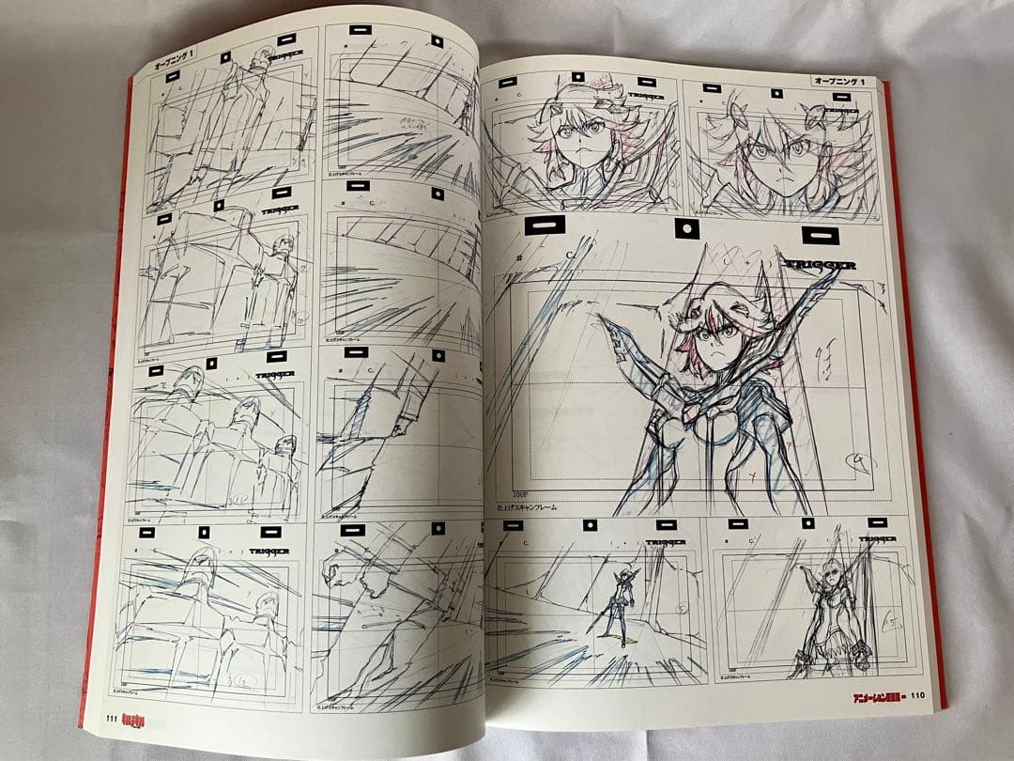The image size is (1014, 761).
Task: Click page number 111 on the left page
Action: pyautogui.click(x=110, y=720)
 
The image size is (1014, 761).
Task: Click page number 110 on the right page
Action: pyautogui.click(x=917, y=696)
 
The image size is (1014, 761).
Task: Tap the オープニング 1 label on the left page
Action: pyautogui.click(x=176, y=68)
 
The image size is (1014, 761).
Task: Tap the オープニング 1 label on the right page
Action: pyautogui.click(x=842, y=82)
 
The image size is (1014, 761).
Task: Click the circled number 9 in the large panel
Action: pyautogui.click(x=858, y=461)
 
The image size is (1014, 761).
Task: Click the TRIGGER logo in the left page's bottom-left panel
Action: pyautogui.click(x=268, y=551)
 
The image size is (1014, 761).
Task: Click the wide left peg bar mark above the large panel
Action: pyautogui.click(x=545, y=225)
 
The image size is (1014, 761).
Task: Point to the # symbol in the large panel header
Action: pyautogui.click(x=518, y=256)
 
